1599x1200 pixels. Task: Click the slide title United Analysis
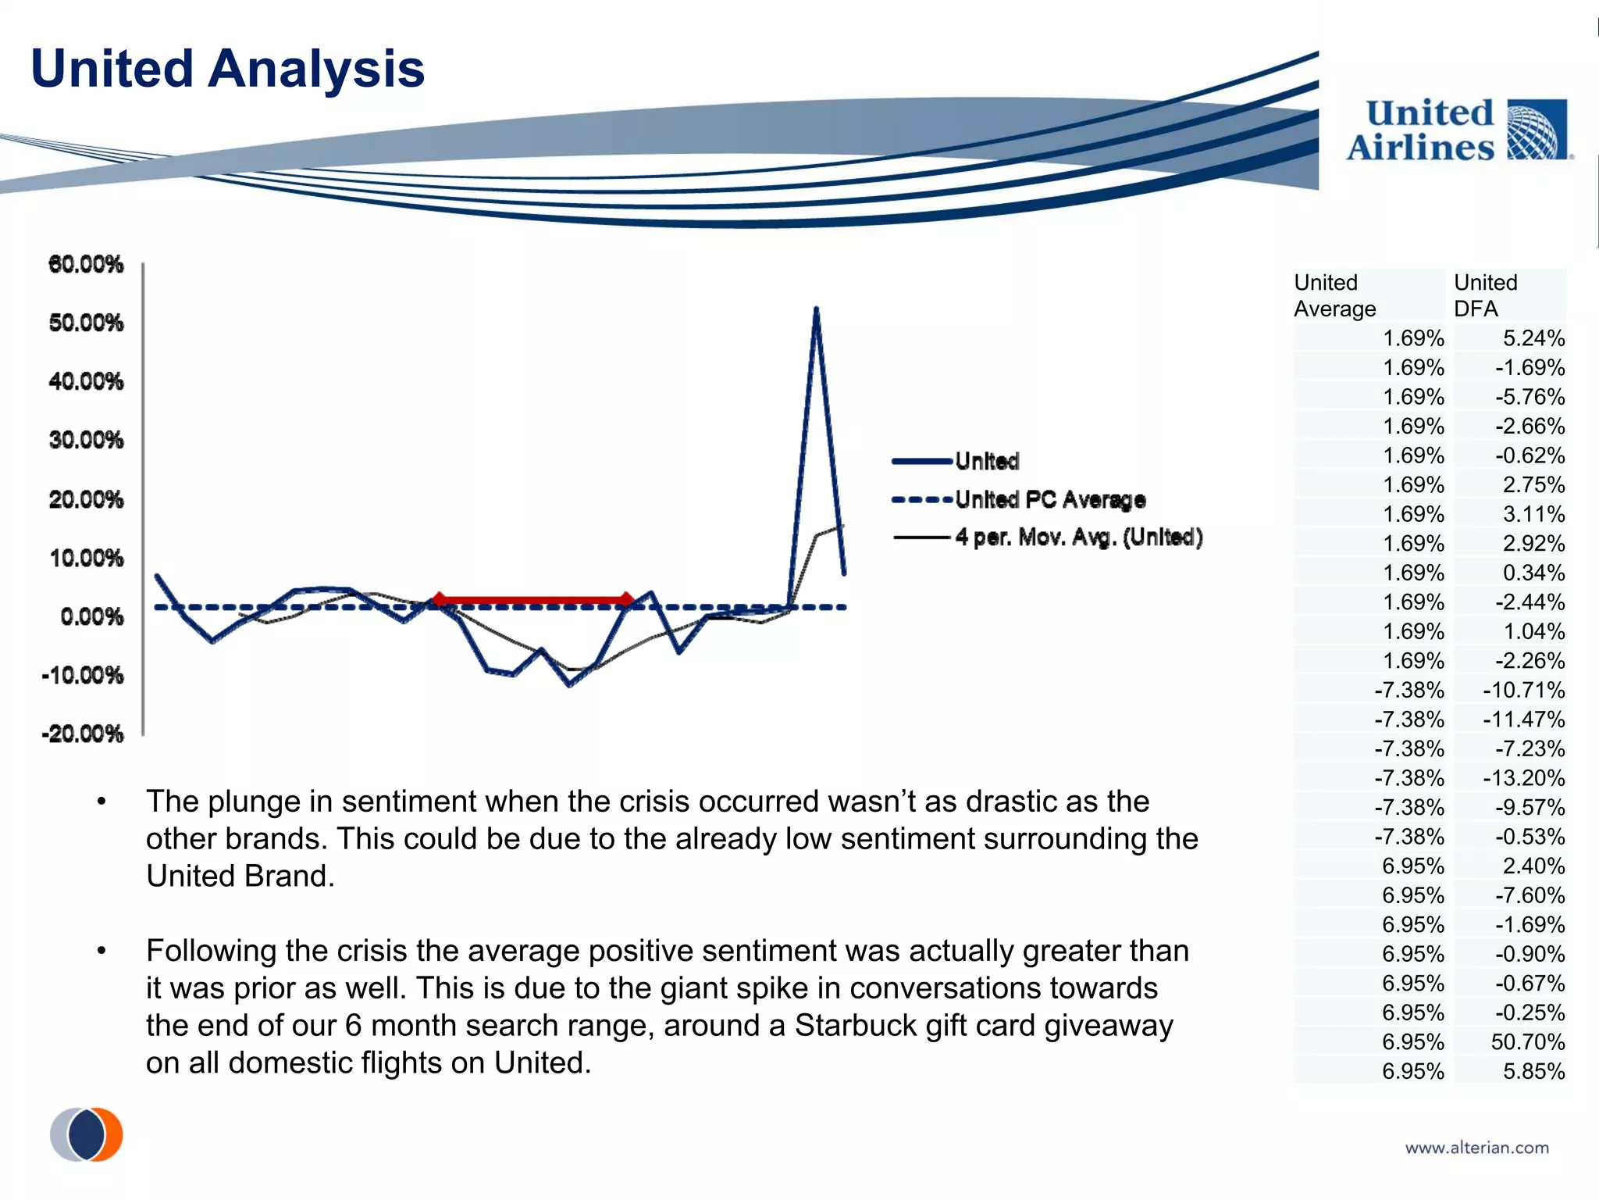point(227,69)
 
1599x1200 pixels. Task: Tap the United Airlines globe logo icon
point(1536,130)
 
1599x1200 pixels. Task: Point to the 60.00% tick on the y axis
point(86,264)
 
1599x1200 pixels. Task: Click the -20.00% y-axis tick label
point(83,734)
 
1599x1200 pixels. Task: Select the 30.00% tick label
point(86,440)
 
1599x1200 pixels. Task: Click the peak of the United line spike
point(816,309)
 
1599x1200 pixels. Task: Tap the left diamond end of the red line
point(440,599)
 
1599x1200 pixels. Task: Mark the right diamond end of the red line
point(626,599)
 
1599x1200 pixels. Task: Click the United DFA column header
point(1485,295)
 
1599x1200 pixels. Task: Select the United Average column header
point(1334,295)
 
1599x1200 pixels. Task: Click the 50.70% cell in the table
point(1527,1041)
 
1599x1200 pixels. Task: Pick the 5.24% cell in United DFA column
point(1533,338)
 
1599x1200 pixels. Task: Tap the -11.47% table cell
point(1523,720)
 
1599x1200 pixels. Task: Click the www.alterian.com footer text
point(1476,1148)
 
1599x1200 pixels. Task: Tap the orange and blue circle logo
point(87,1134)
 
